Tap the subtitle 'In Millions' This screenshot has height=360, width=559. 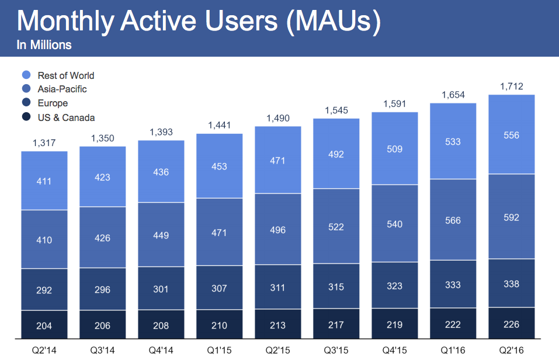tap(44, 45)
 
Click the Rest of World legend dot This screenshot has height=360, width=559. tap(26, 75)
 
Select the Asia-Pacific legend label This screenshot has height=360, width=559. tap(62, 89)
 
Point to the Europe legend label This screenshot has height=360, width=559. tap(53, 103)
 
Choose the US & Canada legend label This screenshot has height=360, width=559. tap(66, 117)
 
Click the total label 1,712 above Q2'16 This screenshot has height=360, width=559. tap(511, 86)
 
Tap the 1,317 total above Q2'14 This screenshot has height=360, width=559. tap(44, 143)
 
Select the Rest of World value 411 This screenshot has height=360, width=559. tap(44, 181)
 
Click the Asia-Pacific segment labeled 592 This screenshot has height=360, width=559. tap(511, 217)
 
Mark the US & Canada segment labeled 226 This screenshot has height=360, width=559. tap(511, 325)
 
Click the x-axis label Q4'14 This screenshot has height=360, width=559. tap(161, 351)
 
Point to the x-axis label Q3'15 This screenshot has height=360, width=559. tap(336, 351)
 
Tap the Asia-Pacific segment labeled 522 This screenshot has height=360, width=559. tap(336, 227)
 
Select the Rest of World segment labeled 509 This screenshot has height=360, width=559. tap(394, 149)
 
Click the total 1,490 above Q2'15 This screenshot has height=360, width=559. tap(277, 118)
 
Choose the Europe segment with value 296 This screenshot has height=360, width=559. tap(102, 289)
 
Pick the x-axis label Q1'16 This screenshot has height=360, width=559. tap(453, 351)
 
